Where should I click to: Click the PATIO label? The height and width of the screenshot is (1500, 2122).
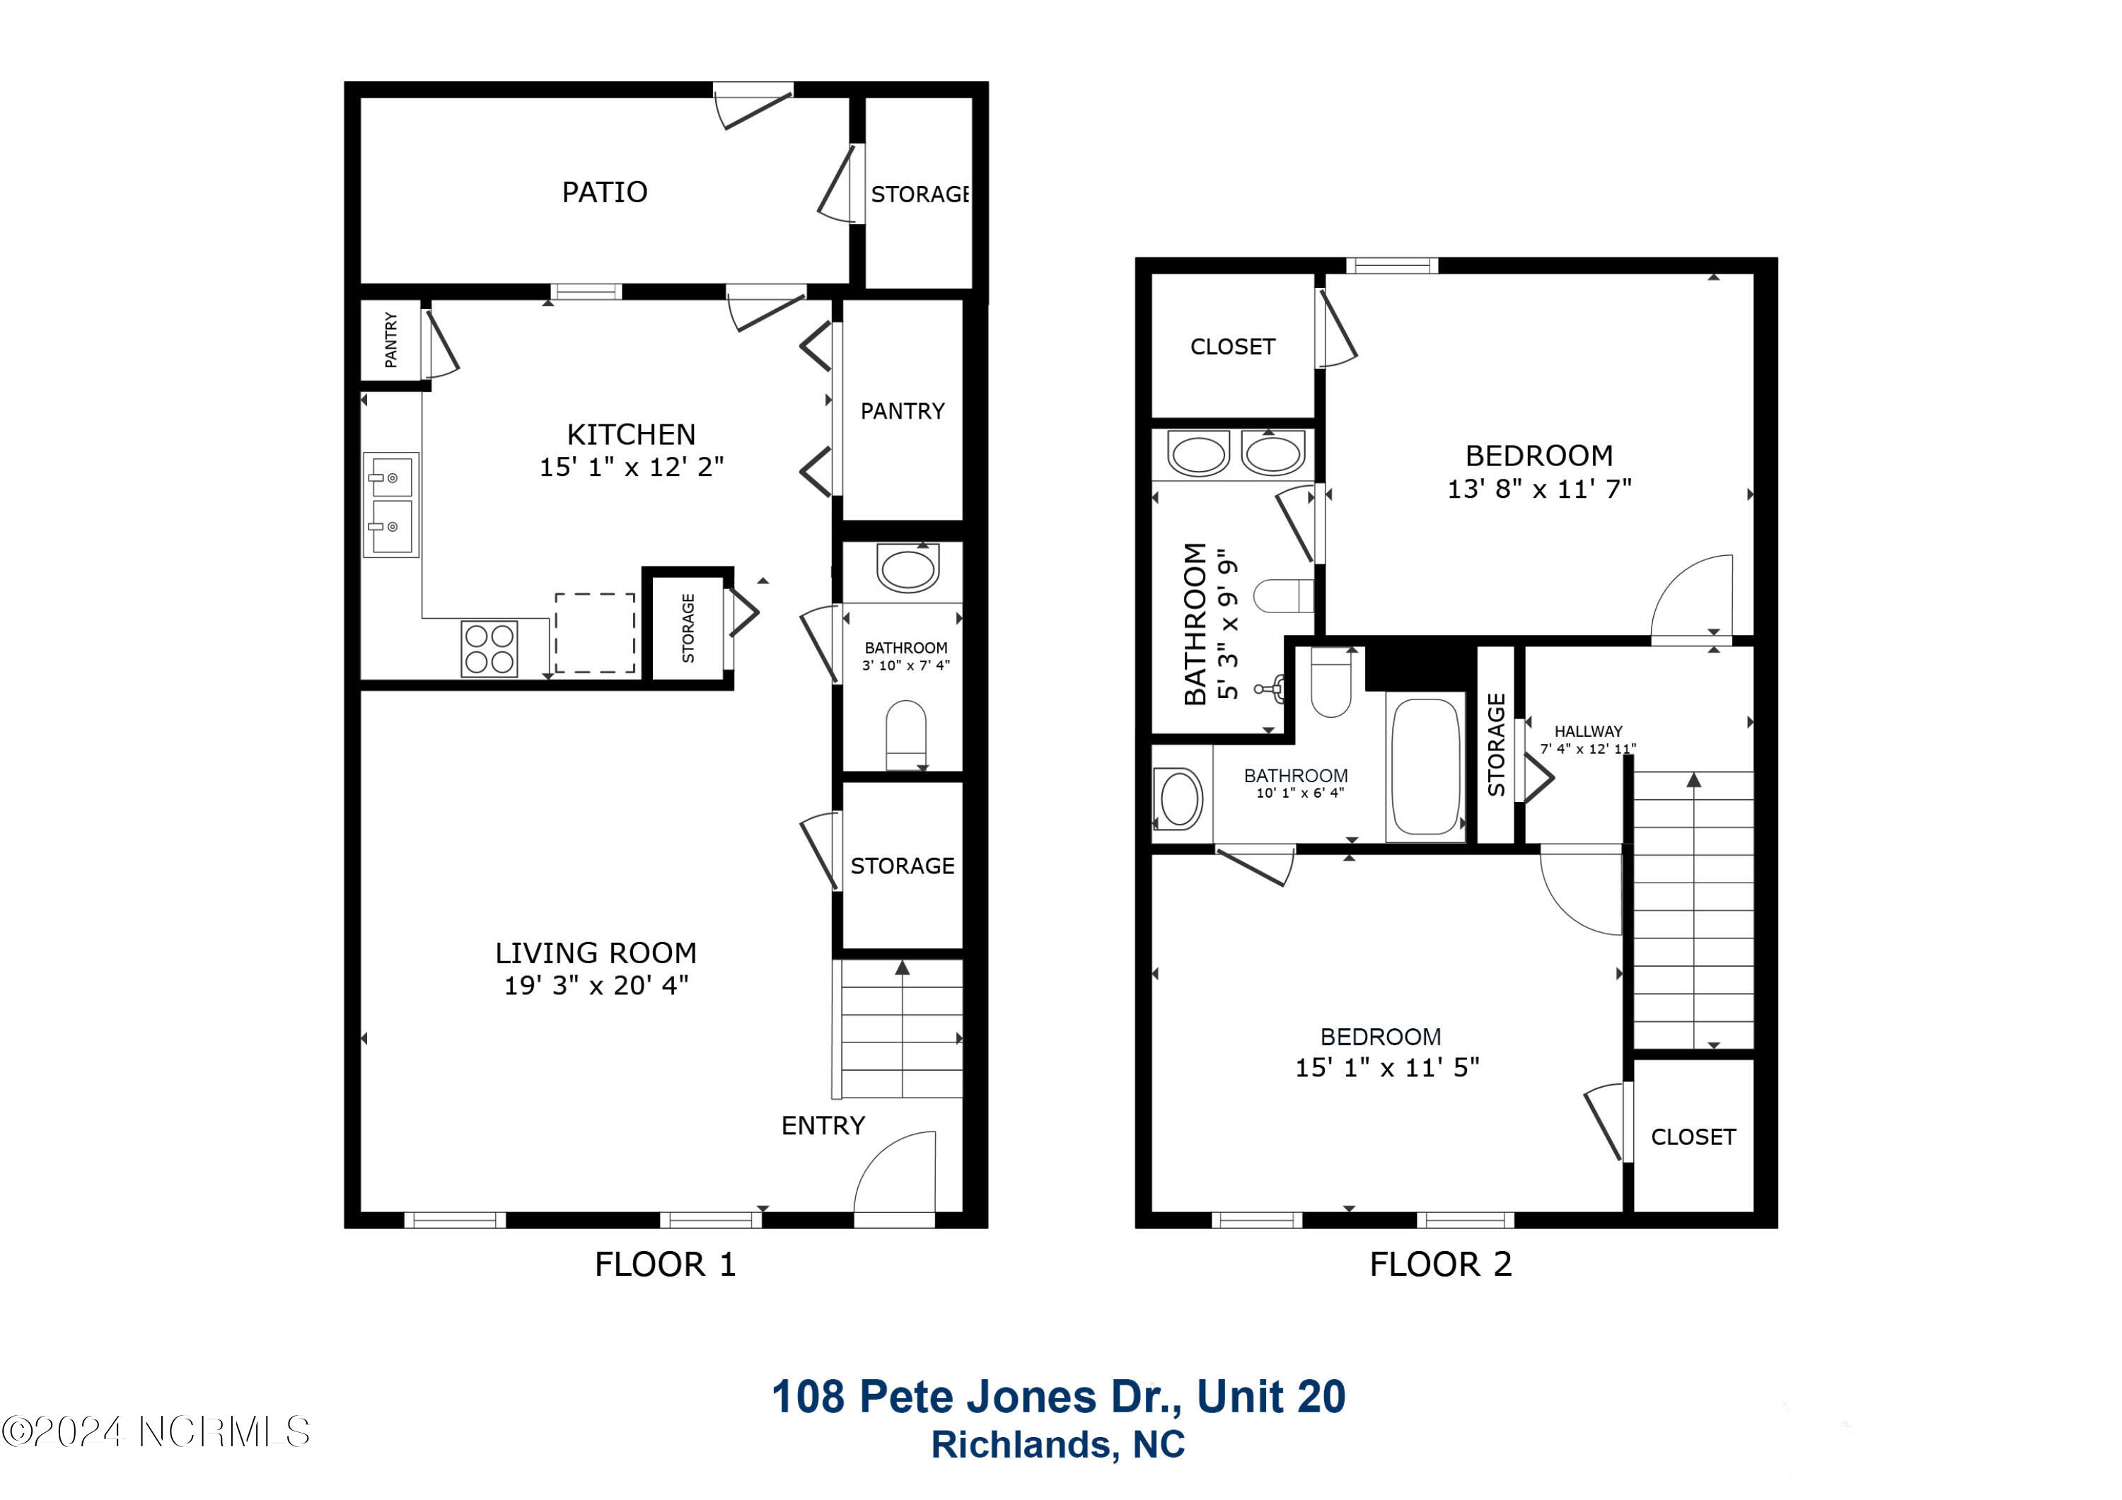(605, 192)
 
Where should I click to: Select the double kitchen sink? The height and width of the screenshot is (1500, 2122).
(391, 505)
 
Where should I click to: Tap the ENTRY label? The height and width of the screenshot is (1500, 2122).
(823, 1126)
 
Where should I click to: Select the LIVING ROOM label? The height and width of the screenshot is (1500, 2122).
(596, 953)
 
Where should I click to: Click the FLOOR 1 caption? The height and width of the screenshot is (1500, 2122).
(666, 1264)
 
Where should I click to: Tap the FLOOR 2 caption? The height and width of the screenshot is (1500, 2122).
(1441, 1264)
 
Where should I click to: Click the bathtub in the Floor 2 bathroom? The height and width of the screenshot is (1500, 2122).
(1425, 766)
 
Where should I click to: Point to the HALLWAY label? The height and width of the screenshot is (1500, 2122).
(1588, 731)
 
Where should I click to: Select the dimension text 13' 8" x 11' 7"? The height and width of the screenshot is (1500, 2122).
(1540, 489)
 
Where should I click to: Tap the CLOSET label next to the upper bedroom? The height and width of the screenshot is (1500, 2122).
(1233, 347)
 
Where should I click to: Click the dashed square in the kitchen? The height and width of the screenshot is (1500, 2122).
(595, 633)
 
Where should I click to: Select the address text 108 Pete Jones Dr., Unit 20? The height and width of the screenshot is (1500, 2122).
(1059, 1397)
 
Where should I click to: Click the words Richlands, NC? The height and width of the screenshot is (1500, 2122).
(1058, 1445)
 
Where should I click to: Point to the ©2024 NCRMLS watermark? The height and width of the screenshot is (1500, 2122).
(156, 1431)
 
